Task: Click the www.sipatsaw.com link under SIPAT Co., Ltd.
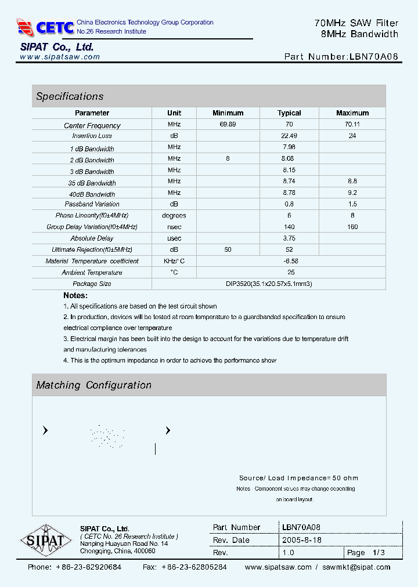pos(60,57)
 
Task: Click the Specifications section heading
pos(70,96)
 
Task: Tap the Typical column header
pos(289,113)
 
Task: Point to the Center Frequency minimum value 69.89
pos(228,125)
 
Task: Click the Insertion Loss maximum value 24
pos(352,136)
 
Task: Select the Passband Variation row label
pos(92,204)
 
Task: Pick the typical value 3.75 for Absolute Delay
pos(289,238)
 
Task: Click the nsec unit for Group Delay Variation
pos(174,227)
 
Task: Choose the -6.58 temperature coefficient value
pos(291,261)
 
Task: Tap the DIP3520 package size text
pos(269,284)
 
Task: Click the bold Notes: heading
pos(75,295)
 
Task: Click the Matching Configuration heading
pos(93,385)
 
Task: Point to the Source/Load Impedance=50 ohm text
pos(298,478)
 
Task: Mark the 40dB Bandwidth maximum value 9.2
pos(352,193)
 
